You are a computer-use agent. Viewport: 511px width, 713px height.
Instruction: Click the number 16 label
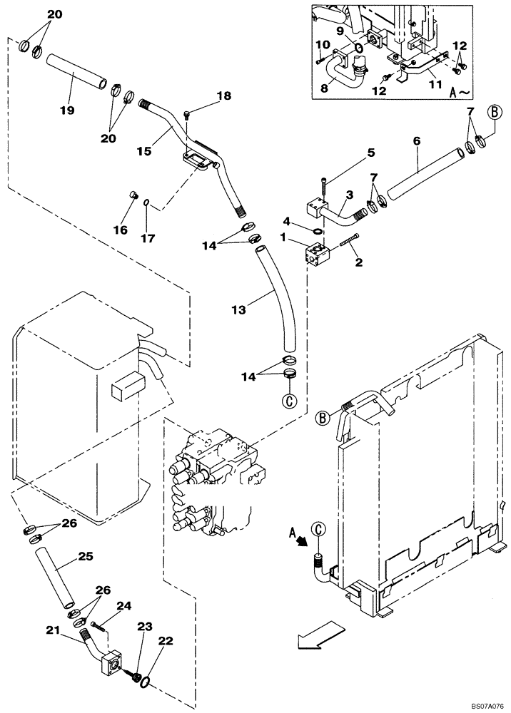tap(120, 230)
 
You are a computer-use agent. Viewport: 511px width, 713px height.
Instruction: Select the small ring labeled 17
tap(146, 203)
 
